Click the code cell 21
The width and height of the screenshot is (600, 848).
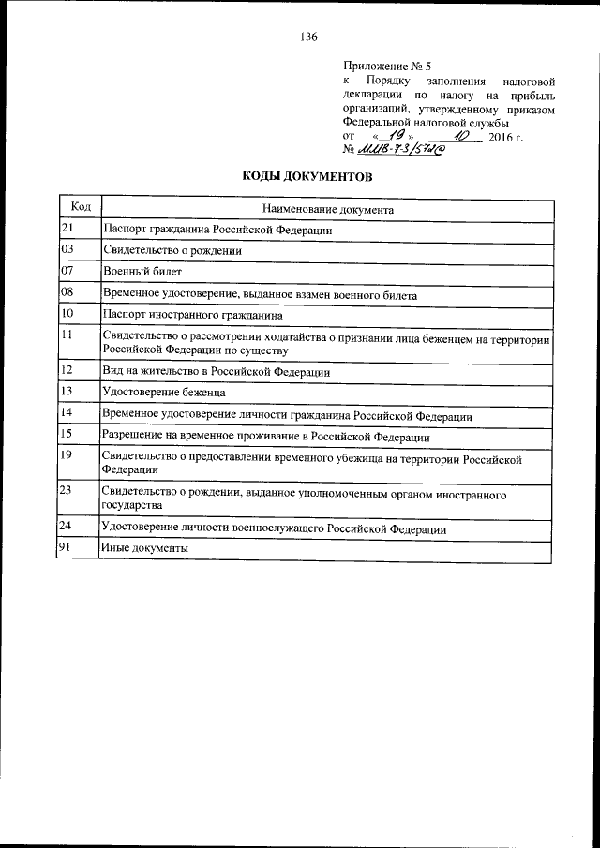(x=67, y=229)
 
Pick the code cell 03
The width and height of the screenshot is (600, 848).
(x=67, y=250)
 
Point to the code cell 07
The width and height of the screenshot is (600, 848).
(x=67, y=272)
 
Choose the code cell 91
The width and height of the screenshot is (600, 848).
(x=67, y=547)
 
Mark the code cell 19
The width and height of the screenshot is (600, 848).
(x=67, y=455)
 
